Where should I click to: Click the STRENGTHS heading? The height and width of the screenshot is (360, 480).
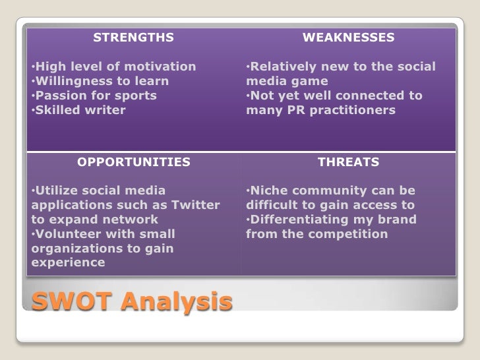pyautogui.click(x=134, y=38)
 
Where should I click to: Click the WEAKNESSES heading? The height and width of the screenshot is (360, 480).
pyautogui.click(x=348, y=38)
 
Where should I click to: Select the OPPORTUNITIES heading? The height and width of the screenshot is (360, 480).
pyautogui.click(x=134, y=162)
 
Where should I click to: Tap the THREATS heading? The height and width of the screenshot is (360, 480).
pyautogui.click(x=348, y=162)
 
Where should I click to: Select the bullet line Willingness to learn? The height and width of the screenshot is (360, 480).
pyautogui.click(x=101, y=81)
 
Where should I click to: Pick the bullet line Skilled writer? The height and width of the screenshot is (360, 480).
pyautogui.click(x=79, y=110)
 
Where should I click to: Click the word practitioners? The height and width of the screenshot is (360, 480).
pyautogui.click(x=353, y=110)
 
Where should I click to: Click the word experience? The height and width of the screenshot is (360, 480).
pyautogui.click(x=68, y=262)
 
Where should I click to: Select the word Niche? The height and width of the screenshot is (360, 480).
pyautogui.click(x=266, y=191)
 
